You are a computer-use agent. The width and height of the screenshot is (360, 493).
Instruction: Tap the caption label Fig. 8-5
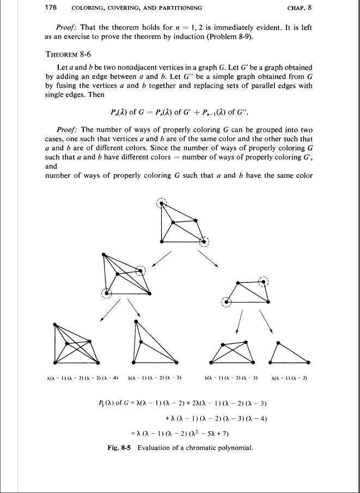point(119,448)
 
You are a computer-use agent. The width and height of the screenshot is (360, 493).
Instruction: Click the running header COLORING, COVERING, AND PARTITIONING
point(136,8)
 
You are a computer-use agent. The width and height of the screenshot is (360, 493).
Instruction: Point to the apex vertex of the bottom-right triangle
point(278,343)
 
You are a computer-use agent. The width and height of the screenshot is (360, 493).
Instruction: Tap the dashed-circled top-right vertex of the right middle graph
point(264,281)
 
